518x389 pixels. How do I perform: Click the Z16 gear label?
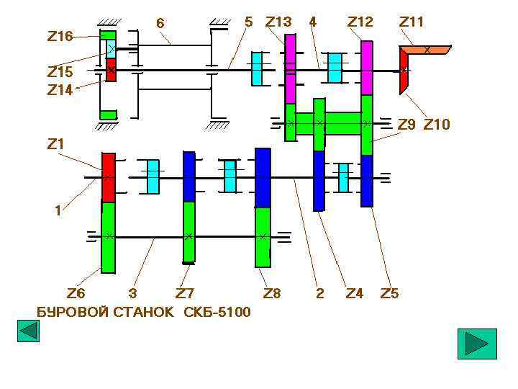[x=60, y=36]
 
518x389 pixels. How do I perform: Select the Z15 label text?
[x=60, y=72]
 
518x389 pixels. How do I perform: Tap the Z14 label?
[x=60, y=90]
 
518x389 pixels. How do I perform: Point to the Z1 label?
[x=55, y=143]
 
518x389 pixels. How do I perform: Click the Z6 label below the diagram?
[x=76, y=293]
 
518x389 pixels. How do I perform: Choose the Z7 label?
[x=185, y=293]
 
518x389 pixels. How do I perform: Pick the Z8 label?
[x=272, y=293]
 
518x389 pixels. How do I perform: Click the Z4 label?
[x=355, y=293]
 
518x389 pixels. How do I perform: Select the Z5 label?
[x=389, y=293]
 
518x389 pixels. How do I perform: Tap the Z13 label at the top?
[x=278, y=22]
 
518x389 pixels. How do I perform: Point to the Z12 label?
[x=360, y=22]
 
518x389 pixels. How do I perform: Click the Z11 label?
[x=412, y=22]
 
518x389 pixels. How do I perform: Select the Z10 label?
[x=437, y=125]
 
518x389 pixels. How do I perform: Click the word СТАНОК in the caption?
[x=144, y=312]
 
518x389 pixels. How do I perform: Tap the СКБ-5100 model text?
[x=217, y=312]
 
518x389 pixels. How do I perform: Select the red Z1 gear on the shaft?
[x=109, y=177]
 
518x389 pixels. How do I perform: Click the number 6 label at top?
[x=160, y=24]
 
